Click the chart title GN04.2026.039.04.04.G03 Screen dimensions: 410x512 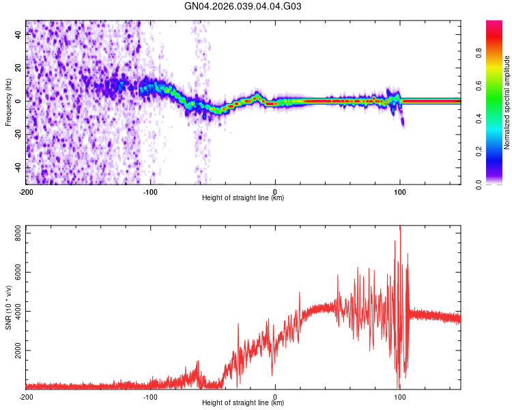244,7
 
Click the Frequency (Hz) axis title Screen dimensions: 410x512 8,102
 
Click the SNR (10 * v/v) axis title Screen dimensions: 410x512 8,307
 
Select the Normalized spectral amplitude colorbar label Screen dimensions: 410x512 507,102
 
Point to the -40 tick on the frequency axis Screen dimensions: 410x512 17,168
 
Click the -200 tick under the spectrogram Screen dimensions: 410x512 26,191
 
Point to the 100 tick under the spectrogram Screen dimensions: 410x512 400,191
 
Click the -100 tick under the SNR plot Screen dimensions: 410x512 150,396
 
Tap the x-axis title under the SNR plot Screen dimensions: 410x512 243,403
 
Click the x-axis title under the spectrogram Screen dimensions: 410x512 243,198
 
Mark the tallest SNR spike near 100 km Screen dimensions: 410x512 400,228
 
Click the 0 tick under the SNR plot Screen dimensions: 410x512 275,396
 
